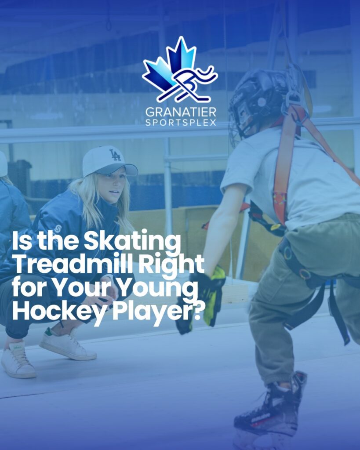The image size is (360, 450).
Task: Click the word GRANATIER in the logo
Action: pyautogui.click(x=181, y=112)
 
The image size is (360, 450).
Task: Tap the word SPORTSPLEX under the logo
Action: pyautogui.click(x=181, y=123)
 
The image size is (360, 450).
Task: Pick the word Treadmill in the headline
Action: pyautogui.click(x=73, y=264)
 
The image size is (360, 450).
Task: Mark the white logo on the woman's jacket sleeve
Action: pyautogui.click(x=58, y=229)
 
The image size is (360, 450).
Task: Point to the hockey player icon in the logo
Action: pyautogui.click(x=193, y=83)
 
